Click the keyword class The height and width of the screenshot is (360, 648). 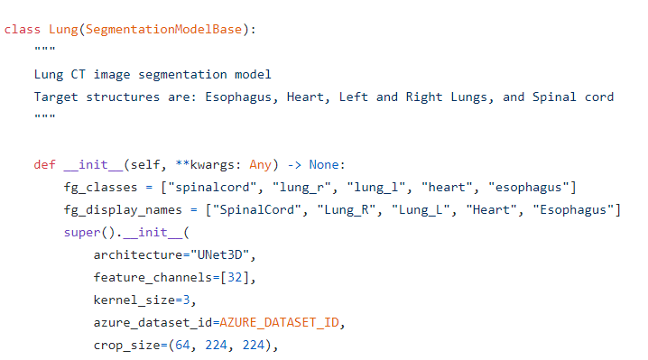(x=23, y=30)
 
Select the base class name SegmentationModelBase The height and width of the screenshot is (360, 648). (x=163, y=30)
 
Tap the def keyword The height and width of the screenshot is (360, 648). (x=44, y=164)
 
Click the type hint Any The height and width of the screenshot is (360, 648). (x=260, y=165)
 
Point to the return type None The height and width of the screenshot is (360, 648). (x=324, y=164)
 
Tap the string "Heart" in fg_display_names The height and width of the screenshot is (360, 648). (x=491, y=209)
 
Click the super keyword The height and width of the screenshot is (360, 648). (x=82, y=233)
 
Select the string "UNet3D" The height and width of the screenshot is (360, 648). (x=220, y=254)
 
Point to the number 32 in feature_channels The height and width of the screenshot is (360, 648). (x=235, y=277)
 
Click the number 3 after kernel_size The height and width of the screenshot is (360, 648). (x=187, y=300)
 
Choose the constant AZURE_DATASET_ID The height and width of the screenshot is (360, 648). (x=280, y=322)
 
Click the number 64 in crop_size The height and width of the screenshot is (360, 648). (x=182, y=345)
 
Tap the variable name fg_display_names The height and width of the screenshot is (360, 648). (x=123, y=210)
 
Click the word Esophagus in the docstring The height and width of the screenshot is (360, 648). (x=238, y=97)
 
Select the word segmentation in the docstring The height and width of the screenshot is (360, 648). (x=182, y=75)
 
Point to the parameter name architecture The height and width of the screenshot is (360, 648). (x=138, y=254)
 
